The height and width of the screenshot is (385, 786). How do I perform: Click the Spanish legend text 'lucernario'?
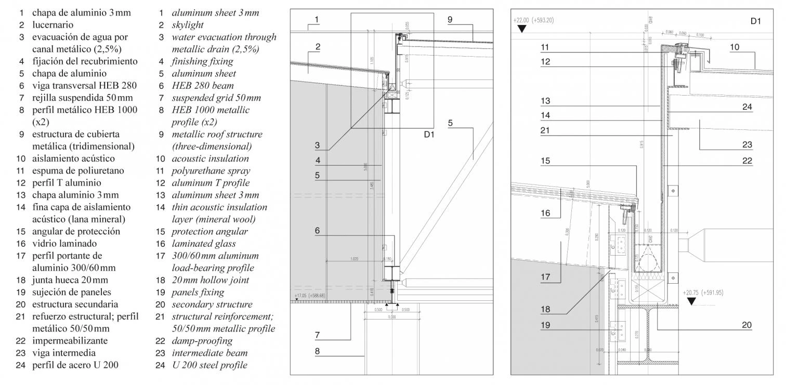53,25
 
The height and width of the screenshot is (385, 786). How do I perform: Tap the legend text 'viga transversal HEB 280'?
77,86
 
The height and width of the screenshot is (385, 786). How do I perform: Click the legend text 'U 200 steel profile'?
209,365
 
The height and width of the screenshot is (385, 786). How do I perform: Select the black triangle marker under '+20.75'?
691,301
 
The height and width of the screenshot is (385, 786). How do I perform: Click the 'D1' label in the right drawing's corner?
755,22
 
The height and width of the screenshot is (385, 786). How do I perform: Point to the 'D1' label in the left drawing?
429,135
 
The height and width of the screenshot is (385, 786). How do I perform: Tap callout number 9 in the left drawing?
450,19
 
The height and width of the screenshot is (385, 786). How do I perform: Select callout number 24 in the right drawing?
746,107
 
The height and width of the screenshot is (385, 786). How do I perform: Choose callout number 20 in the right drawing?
746,325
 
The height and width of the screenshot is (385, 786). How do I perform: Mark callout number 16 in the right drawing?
545,213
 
